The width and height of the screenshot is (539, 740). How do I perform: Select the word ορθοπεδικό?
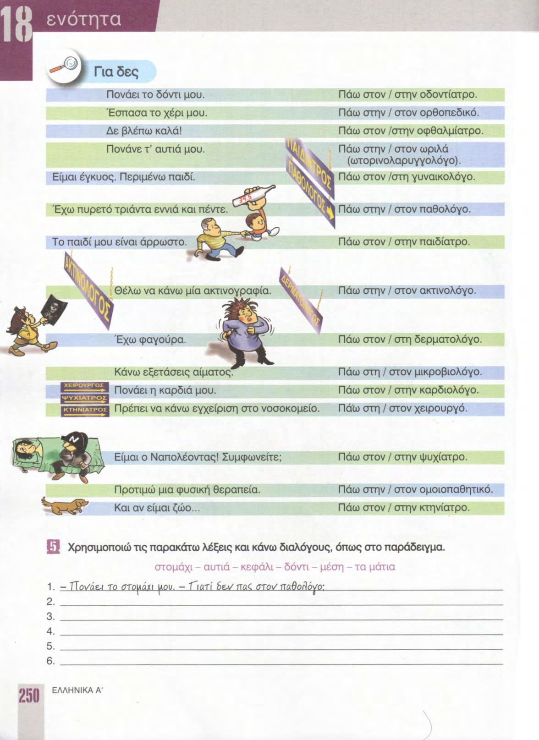coord(450,113)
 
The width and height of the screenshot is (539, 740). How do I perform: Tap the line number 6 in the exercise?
coord(50,661)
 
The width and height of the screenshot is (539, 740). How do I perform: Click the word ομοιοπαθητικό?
coord(456,489)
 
